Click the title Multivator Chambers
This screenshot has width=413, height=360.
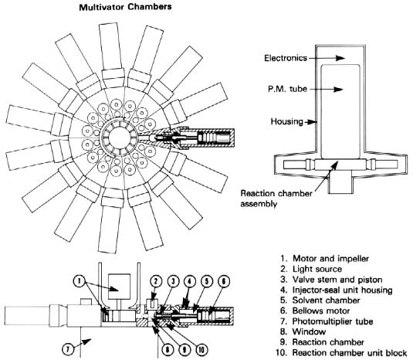point(125,7)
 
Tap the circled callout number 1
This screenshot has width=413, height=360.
point(79,281)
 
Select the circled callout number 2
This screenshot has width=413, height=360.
point(156,281)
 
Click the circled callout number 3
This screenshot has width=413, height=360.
point(173,281)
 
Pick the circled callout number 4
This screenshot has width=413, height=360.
point(190,281)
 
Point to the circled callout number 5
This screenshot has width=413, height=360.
point(207,281)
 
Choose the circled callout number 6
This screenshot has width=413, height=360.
point(224,281)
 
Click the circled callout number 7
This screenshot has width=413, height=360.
point(68,349)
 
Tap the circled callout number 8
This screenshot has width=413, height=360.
point(168,350)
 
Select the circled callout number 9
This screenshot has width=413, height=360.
point(184,350)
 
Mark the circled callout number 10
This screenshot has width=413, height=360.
point(201,350)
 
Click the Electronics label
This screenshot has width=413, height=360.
point(286,58)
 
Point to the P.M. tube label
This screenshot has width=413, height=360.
point(287,89)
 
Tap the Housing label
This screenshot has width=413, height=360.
point(287,121)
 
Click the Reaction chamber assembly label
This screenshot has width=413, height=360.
point(276,199)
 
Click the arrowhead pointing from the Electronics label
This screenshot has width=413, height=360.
point(340,58)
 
